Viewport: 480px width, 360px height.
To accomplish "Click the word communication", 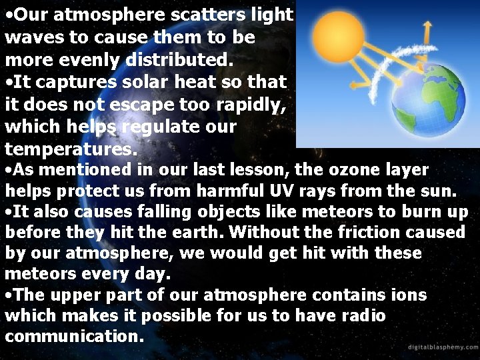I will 74,336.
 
